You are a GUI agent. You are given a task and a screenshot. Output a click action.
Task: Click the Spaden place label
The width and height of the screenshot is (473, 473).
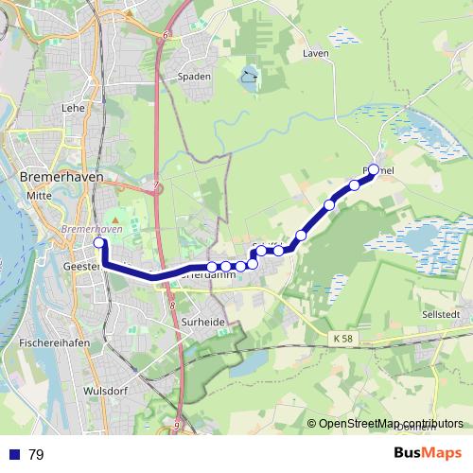pyautogui.click(x=194, y=77)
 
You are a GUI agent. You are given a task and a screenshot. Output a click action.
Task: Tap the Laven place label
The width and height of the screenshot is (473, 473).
pyautogui.click(x=315, y=54)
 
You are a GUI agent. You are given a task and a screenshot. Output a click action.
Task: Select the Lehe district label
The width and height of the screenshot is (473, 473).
pyautogui.click(x=73, y=108)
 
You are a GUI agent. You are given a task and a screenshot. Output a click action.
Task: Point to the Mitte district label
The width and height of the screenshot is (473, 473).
pyautogui.click(x=38, y=196)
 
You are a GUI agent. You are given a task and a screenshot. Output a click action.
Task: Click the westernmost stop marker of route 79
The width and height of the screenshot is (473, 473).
pyautogui.click(x=98, y=243)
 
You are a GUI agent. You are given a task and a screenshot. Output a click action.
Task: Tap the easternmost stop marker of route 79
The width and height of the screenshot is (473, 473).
pyautogui.click(x=374, y=169)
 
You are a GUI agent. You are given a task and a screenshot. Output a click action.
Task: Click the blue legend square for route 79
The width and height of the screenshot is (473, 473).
pyautogui.click(x=14, y=455)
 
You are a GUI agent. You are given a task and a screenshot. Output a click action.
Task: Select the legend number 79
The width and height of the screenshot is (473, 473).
pyautogui.click(x=36, y=455)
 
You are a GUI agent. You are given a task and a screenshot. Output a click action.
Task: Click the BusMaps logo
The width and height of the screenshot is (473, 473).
pyautogui.click(x=427, y=453)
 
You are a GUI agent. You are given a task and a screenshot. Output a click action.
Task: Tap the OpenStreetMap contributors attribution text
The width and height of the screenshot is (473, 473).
pyautogui.click(x=391, y=424)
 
